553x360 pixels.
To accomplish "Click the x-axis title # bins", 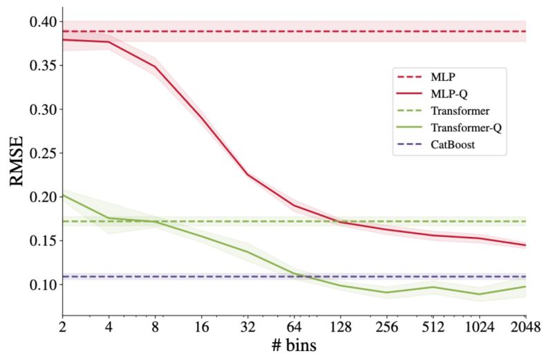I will click(294, 345).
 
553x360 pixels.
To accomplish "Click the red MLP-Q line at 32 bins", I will click(248, 174).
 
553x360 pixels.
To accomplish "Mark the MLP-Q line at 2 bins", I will click(63, 39).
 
